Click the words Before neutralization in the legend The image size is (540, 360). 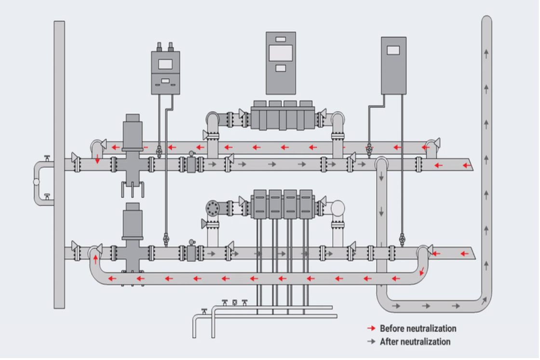[418, 329]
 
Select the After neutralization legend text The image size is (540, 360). [415, 342]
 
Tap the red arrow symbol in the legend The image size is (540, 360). [371, 329]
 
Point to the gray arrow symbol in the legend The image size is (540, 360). [371, 342]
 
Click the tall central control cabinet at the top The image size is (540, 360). [281, 63]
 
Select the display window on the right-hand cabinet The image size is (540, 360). [393, 50]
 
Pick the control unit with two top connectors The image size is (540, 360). [165, 72]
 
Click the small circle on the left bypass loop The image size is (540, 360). [37, 182]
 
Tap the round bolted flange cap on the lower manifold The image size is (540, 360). [212, 208]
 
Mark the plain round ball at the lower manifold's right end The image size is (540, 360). [337, 208]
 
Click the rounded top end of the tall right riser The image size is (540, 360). [486, 20]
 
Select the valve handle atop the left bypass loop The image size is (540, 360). [47, 158]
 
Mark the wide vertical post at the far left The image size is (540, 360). [59, 164]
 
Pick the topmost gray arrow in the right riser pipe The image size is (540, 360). [486, 53]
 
